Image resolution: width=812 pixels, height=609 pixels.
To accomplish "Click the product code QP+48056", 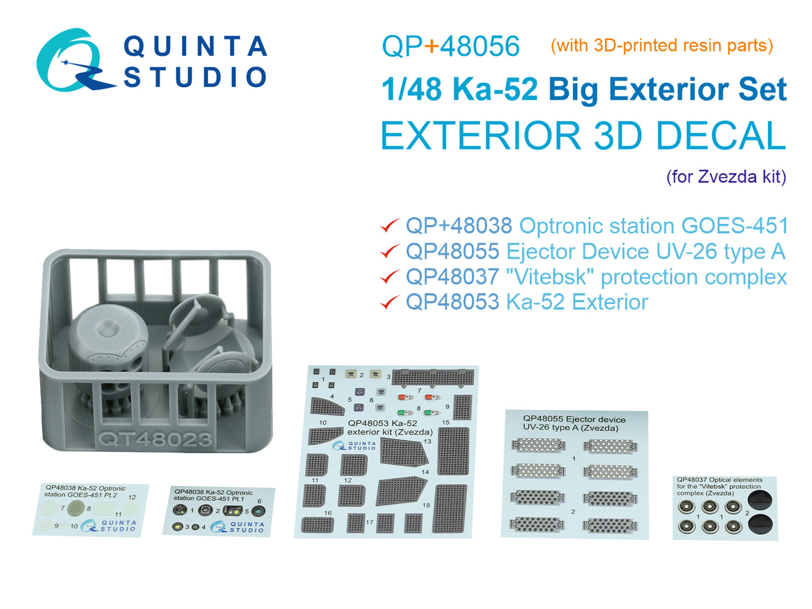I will [450, 47].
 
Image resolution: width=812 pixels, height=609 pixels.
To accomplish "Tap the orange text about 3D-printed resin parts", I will [662, 46].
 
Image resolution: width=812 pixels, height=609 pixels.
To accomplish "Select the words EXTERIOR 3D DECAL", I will [583, 136].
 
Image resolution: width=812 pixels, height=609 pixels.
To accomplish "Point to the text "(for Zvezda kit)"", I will [726, 177].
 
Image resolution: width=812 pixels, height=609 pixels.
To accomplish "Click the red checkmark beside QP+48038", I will [390, 226].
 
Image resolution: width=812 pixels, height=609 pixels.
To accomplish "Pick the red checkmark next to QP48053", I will [390, 302].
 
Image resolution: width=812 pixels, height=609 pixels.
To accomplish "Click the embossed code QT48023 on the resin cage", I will [155, 439].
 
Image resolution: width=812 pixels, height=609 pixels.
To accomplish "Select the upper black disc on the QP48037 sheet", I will [760, 500].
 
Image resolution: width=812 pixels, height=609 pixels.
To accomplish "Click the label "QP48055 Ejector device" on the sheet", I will [574, 419].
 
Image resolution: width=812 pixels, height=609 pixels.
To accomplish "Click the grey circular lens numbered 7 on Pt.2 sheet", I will [76, 507].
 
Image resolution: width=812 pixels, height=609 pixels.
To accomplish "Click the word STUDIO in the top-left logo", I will [195, 77].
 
